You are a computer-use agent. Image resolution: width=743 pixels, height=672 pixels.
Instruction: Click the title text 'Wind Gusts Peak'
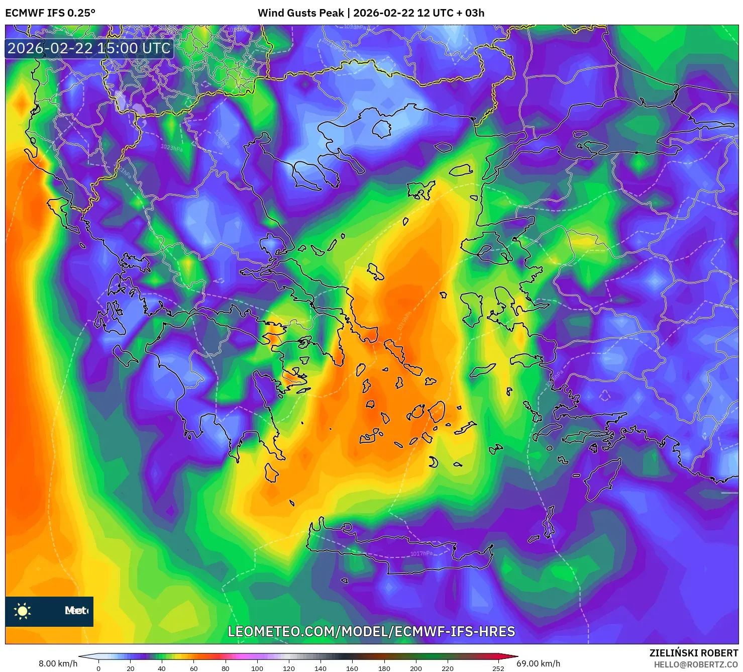coord(301,13)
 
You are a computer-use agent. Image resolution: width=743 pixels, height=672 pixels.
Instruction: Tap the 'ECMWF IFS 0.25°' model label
coord(50,13)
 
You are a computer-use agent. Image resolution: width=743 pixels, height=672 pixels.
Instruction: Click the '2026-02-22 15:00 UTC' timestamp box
coord(89,48)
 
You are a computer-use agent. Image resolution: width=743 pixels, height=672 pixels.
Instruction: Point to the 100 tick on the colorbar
coord(257,668)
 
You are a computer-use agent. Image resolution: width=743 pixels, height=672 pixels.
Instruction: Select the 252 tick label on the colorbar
coord(498,668)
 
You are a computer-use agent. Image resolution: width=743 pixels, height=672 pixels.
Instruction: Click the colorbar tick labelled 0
coord(98,668)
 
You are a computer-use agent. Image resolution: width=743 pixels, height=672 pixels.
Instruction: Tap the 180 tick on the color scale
coord(384,668)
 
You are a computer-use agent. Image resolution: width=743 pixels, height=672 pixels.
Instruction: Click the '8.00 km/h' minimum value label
coord(58,663)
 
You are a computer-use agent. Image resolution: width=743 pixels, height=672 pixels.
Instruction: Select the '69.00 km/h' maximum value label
coord(538,663)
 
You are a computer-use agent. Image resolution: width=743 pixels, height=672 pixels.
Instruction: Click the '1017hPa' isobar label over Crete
coord(421,553)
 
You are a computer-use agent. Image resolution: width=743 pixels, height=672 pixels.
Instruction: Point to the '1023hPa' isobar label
coord(172,147)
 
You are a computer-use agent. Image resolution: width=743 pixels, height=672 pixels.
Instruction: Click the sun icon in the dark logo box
coord(23,611)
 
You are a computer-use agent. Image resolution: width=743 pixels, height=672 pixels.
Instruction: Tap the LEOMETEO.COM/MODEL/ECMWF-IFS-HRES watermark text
coord(371,631)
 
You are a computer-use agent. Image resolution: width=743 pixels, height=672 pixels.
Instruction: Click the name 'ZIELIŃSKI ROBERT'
coord(694,653)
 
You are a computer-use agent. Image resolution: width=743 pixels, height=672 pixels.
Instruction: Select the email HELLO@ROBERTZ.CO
coord(696,664)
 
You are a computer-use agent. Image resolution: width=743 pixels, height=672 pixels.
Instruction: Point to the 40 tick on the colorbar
coord(162,668)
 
